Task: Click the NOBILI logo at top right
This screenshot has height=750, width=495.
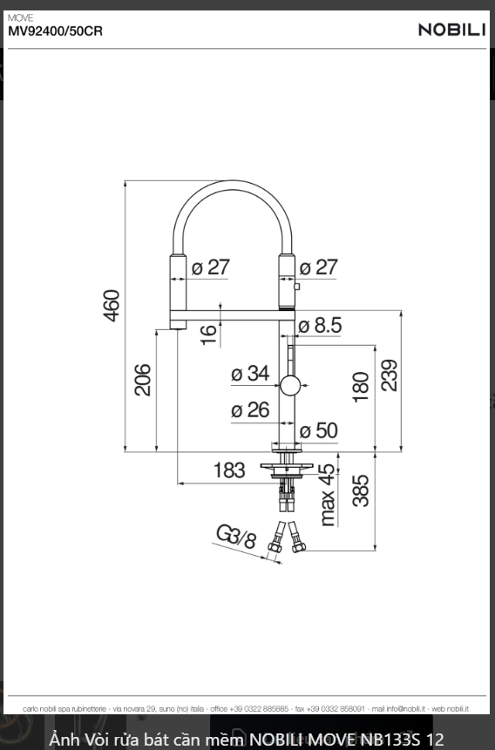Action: click(451, 30)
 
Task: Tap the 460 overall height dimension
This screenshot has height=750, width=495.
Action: click(112, 305)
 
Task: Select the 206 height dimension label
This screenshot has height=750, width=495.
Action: click(143, 380)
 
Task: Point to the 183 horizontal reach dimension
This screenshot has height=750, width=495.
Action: click(229, 470)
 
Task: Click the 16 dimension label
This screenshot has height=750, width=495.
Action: click(208, 333)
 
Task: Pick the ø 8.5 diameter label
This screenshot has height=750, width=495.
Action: click(320, 326)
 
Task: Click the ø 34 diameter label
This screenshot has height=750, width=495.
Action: click(250, 374)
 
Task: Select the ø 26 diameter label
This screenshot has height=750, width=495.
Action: click(250, 409)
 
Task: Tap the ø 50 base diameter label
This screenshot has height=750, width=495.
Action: click(318, 430)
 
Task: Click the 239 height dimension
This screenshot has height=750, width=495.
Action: click(389, 375)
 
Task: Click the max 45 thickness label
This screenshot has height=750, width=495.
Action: click(328, 495)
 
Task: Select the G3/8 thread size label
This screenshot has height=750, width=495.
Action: click(235, 537)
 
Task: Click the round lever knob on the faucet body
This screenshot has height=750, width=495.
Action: click(290, 385)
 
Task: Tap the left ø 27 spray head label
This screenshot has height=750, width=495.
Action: click(210, 267)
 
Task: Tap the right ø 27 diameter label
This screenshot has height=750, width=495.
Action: click(318, 267)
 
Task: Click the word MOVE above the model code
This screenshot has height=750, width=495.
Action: click(20, 17)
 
